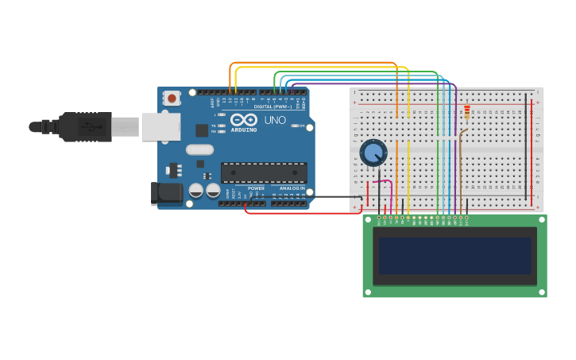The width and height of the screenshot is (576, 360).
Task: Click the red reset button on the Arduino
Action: pyautogui.click(x=172, y=99)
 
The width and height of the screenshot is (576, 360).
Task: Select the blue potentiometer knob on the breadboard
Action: pyautogui.click(x=373, y=153)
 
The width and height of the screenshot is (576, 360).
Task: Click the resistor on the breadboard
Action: pyautogui.click(x=467, y=112)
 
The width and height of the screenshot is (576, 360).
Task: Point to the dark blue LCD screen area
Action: pyautogui.click(x=454, y=255)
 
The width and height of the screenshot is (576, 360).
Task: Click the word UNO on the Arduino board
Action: pyautogui.click(x=275, y=120)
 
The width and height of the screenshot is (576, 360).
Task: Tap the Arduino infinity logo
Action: pyautogui.click(x=244, y=119)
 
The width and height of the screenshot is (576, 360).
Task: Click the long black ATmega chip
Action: pyautogui.click(x=264, y=172)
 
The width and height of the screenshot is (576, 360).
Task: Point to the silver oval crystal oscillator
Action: pyautogui.click(x=200, y=149)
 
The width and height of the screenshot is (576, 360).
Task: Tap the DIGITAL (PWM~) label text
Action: pyautogui.click(x=273, y=106)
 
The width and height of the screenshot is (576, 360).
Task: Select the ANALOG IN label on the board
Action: pyautogui.click(x=291, y=188)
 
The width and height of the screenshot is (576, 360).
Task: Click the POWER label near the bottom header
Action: pyautogui.click(x=256, y=188)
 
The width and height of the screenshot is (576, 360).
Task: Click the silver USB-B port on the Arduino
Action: pyautogui.click(x=160, y=126)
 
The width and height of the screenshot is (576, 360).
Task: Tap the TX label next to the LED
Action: pyautogui.click(x=214, y=126)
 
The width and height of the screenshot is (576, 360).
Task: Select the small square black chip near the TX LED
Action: pyautogui.click(x=202, y=130)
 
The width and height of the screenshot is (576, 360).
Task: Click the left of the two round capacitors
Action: pyautogui.click(x=196, y=190)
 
